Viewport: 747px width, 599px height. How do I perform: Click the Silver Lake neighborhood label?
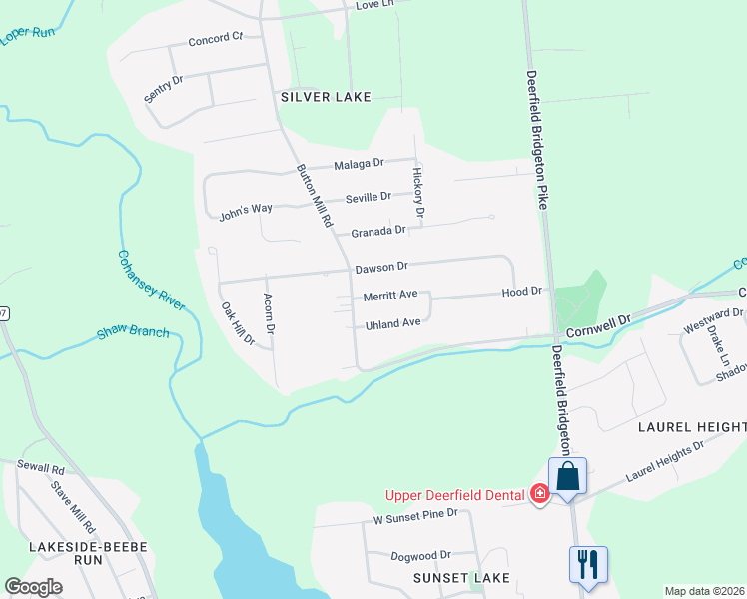click(x=326, y=97)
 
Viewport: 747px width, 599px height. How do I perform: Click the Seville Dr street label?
click(x=369, y=198)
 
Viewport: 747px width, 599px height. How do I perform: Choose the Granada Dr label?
click(x=379, y=230)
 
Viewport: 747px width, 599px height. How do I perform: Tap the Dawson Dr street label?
click(x=381, y=267)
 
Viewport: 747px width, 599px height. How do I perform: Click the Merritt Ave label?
click(x=389, y=296)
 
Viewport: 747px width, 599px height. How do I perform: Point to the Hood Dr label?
click(x=521, y=292)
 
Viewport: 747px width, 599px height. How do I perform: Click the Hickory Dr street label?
click(x=418, y=192)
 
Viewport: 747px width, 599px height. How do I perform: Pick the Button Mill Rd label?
click(x=313, y=196)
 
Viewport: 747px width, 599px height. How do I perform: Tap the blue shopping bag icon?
click(x=567, y=477)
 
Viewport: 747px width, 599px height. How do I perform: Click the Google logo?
click(x=34, y=587)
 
